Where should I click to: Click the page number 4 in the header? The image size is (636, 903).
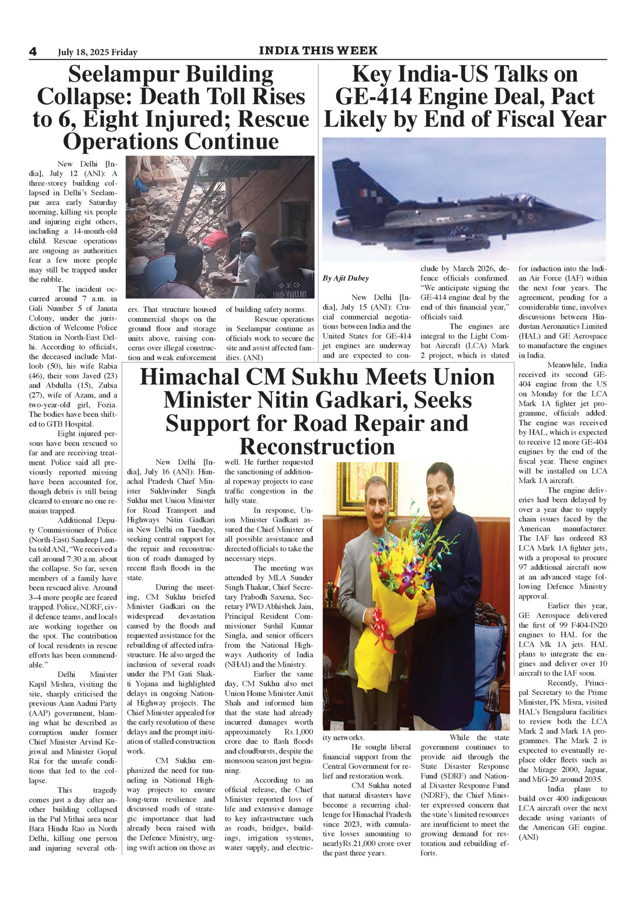[33, 52]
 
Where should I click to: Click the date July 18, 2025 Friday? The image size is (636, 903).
[98, 53]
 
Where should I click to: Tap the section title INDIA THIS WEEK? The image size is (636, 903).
[318, 51]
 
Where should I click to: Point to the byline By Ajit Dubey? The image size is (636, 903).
[346, 278]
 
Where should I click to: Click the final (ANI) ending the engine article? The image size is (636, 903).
[528, 837]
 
